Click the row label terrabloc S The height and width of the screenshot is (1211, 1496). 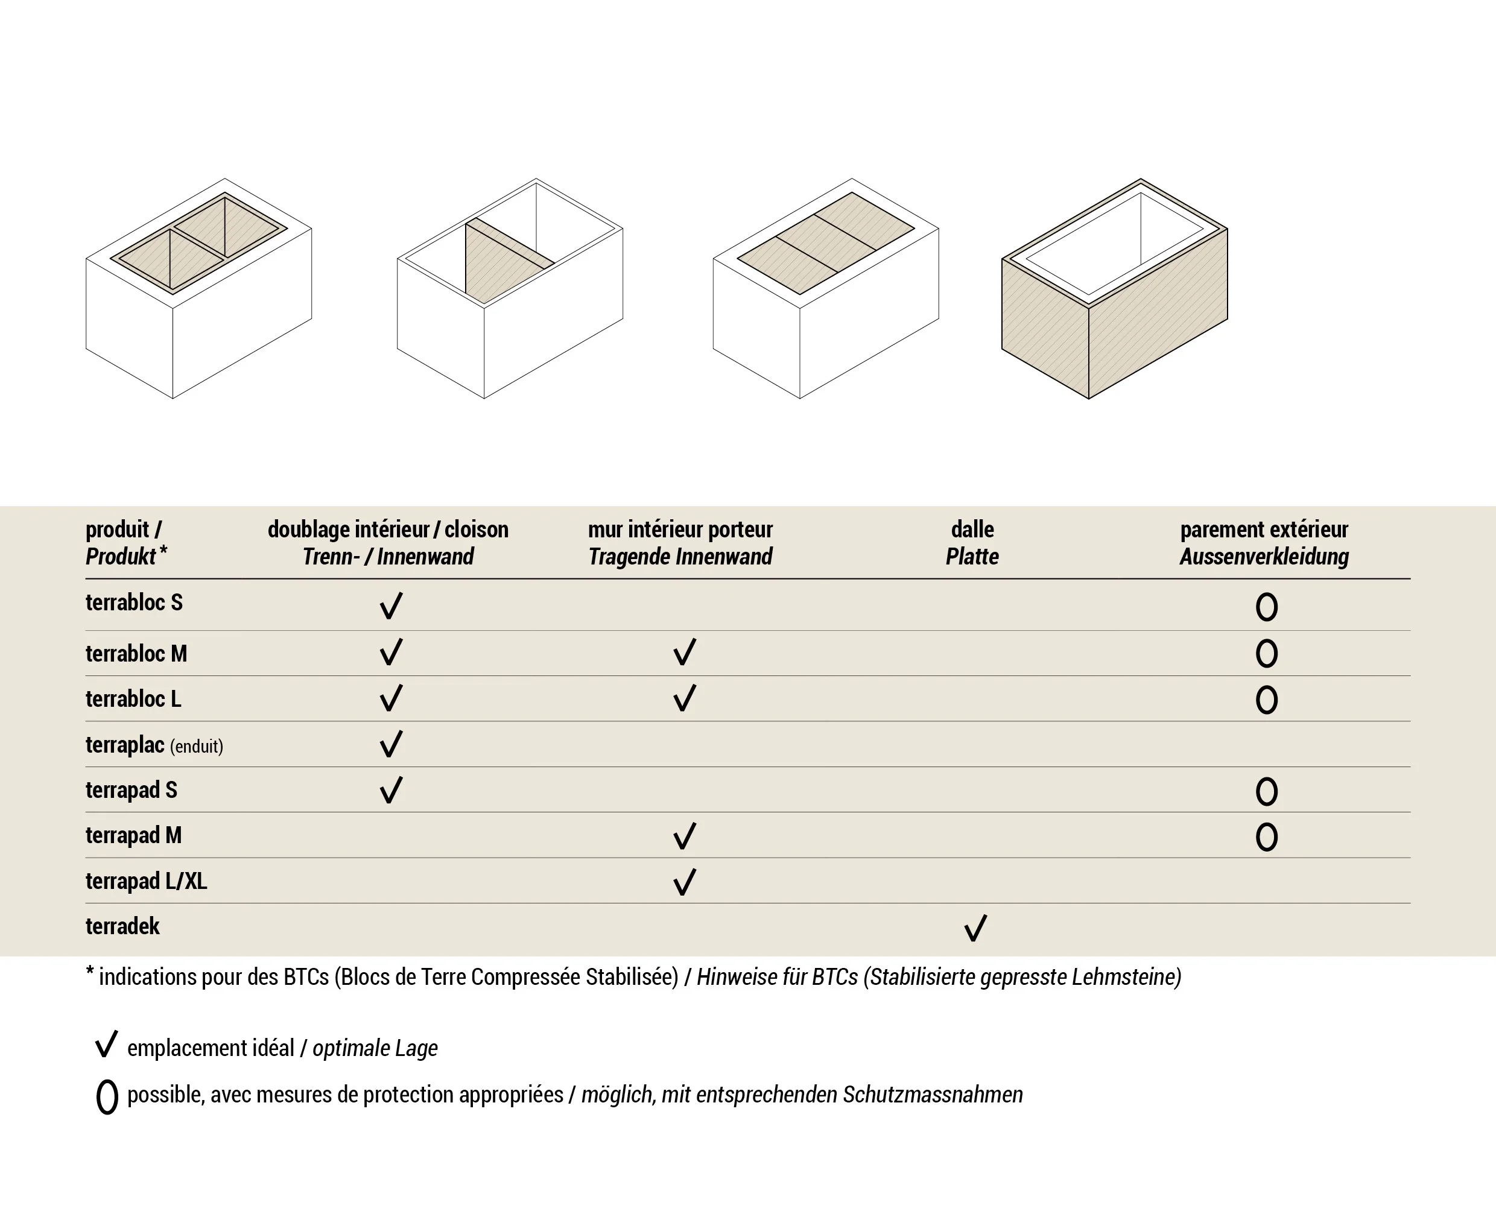134,602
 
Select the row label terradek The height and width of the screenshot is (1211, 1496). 123,926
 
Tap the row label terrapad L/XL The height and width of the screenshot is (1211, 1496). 147,881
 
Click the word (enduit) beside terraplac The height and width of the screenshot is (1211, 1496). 197,747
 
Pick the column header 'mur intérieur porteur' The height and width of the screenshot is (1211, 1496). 680,530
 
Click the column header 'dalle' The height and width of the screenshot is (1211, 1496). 972,530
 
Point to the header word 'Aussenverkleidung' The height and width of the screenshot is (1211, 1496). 1264,557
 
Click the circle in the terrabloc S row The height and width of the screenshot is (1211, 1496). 1266,607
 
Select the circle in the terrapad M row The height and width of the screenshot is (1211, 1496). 1266,837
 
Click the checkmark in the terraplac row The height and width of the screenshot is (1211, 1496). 391,744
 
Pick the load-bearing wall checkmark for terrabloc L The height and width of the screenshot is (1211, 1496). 685,698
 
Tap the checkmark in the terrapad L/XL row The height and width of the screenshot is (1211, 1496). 685,882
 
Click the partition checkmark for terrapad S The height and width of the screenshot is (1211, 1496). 391,791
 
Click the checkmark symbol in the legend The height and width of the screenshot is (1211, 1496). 106,1045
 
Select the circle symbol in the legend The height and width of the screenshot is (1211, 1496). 107,1096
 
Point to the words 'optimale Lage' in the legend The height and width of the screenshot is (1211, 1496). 375,1048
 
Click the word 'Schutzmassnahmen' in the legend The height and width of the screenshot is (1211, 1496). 932,1095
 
